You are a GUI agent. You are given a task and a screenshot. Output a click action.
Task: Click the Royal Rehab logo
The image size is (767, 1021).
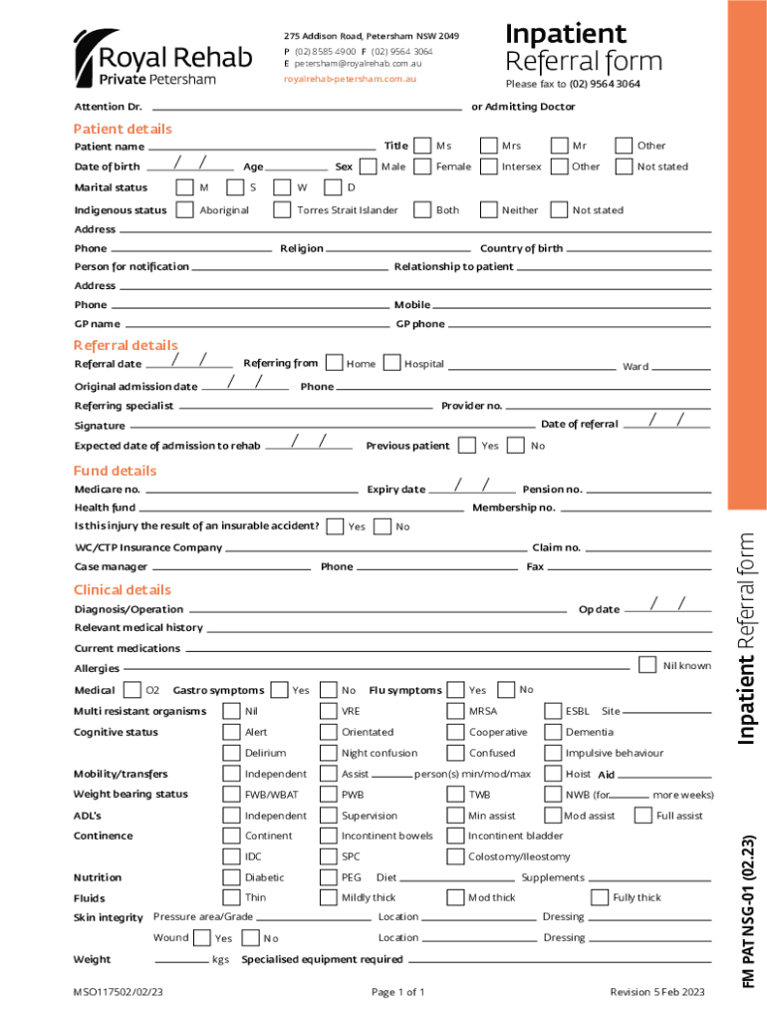pos(145,58)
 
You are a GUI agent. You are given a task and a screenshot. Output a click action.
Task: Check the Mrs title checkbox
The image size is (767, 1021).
pos(488,146)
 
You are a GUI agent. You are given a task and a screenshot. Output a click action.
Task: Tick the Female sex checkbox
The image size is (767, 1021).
pos(422,167)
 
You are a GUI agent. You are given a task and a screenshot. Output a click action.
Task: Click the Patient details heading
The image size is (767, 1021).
pos(123,129)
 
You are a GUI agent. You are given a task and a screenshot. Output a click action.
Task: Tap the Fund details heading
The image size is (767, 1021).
pos(115,471)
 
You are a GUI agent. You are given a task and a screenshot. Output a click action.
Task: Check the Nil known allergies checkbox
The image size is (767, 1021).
pos(647,665)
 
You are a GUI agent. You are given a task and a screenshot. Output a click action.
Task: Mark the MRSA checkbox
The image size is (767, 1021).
pos(455,711)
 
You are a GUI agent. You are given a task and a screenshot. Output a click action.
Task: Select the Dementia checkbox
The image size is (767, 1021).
pos(552,732)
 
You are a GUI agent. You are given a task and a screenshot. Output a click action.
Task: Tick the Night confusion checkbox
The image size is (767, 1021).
pos(328,753)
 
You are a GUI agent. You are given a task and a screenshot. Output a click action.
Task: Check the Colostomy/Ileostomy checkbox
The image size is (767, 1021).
pos(455,856)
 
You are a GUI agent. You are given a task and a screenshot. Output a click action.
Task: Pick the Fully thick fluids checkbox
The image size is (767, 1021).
pos(600,897)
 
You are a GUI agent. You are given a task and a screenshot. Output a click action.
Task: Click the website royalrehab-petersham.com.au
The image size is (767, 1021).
pos(350,78)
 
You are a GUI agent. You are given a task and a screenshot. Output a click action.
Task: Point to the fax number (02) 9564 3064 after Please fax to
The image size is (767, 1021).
pos(605,84)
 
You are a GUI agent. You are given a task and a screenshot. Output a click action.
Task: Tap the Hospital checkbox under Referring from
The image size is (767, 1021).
pos(392,363)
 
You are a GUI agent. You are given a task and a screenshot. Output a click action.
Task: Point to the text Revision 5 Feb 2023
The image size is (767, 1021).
pos(656,992)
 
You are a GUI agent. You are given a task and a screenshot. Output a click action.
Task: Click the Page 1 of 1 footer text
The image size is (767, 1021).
pos(397,992)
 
